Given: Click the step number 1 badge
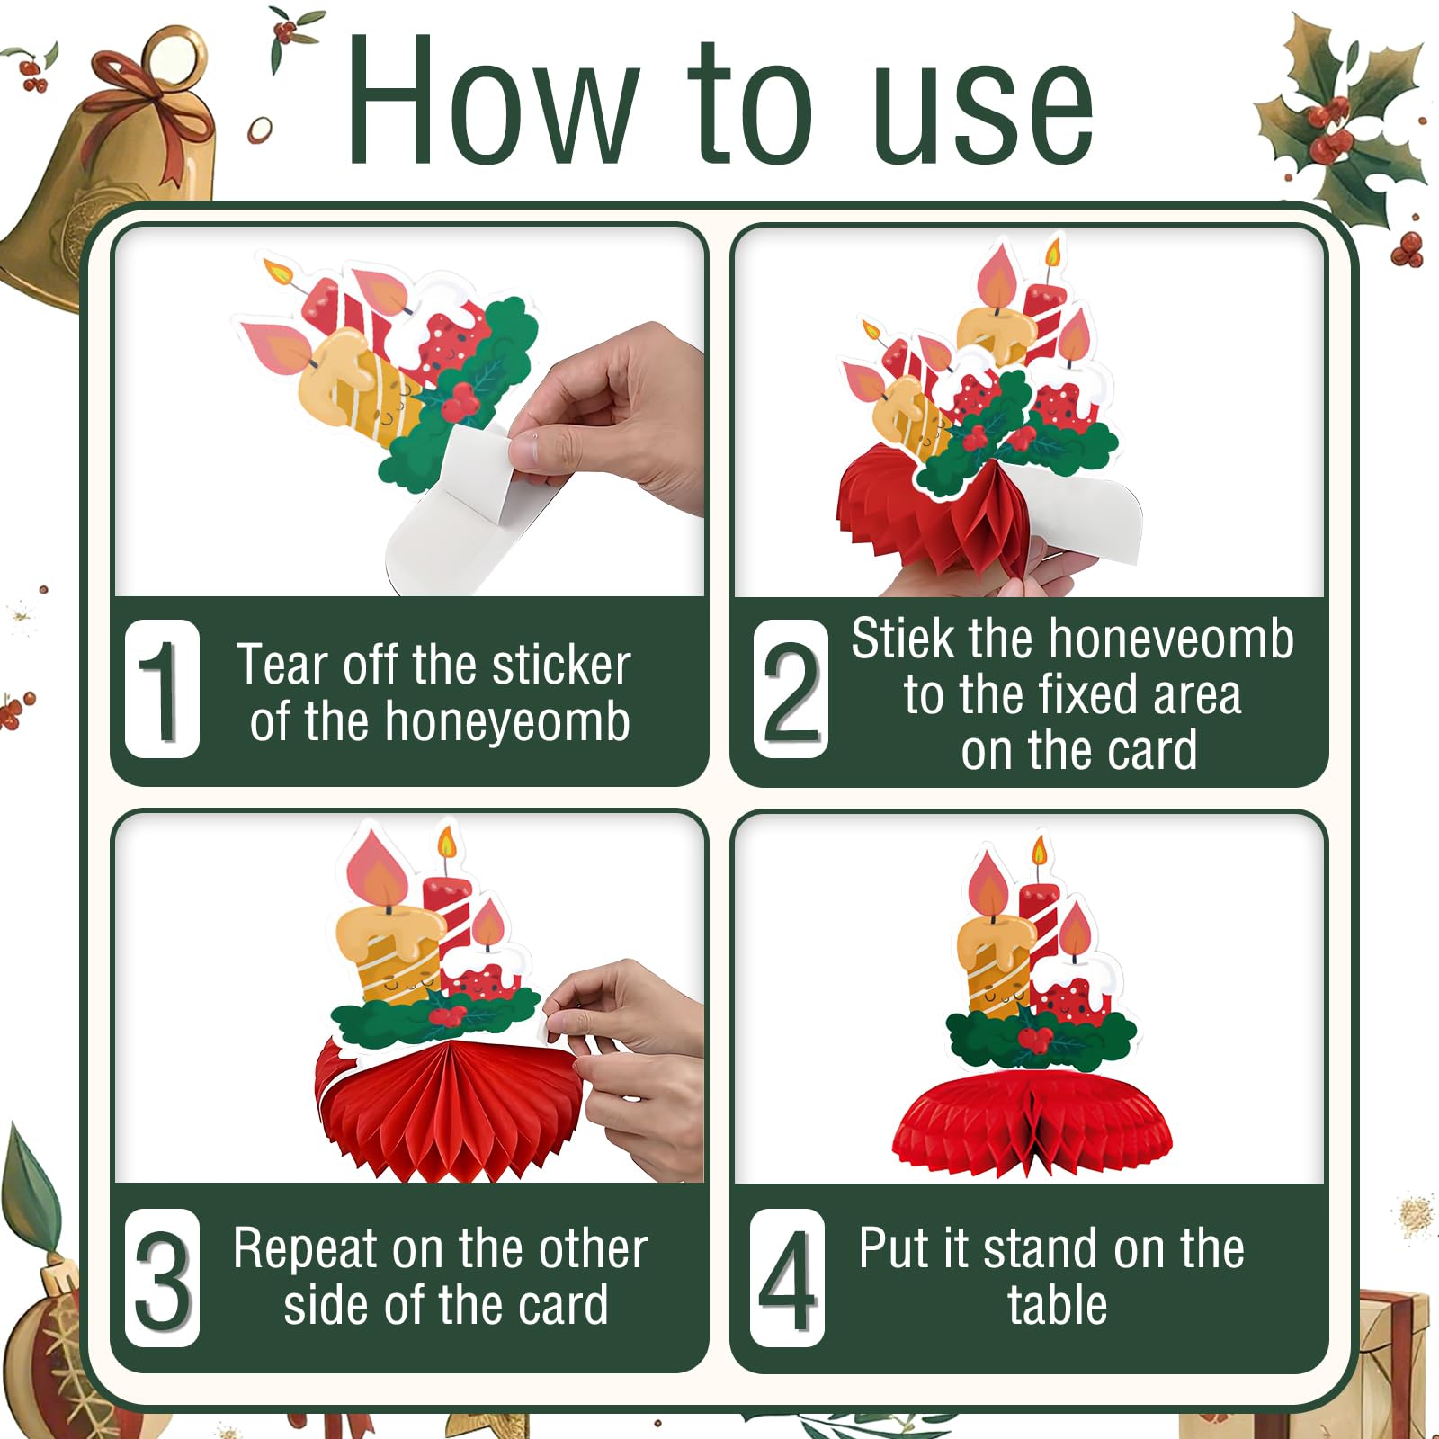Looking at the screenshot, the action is pos(162,689).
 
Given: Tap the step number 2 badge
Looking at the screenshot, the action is pos(791,689).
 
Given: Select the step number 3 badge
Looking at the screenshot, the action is pos(162,1278).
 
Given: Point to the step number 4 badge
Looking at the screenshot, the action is pos(787,1278).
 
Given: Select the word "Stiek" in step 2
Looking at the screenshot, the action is pos(903,639).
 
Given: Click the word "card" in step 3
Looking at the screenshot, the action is pos(563,1306).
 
